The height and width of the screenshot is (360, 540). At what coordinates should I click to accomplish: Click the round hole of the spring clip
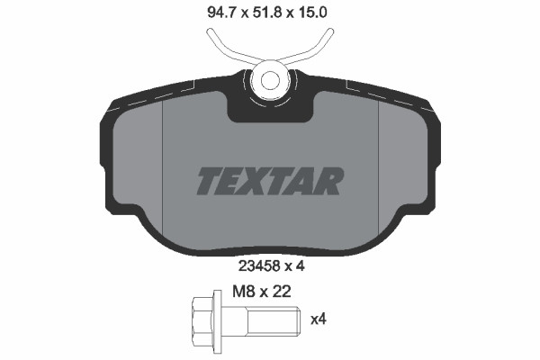[268, 78]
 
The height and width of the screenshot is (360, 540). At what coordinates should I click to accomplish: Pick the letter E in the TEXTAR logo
[233, 181]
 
